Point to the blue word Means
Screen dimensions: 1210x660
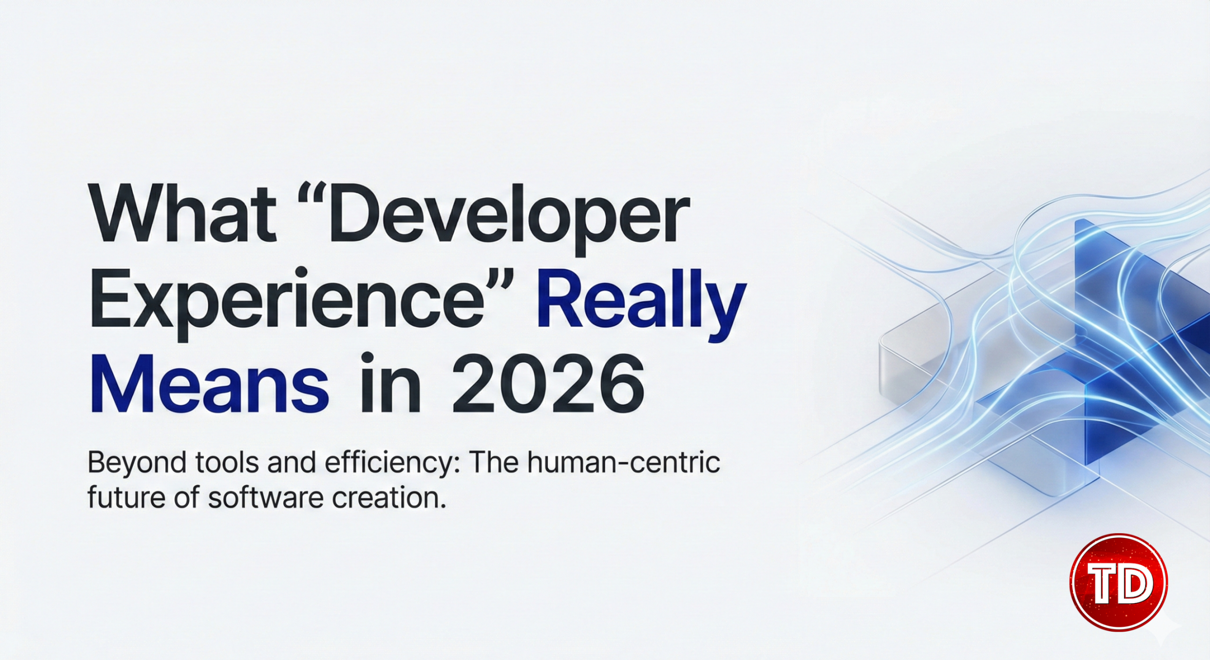coord(209,383)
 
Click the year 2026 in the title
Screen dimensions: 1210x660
coord(548,383)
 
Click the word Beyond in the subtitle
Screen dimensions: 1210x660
coord(137,463)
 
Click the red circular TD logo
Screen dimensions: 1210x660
coord(1118,582)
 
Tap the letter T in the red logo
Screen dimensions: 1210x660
coord(1103,583)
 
